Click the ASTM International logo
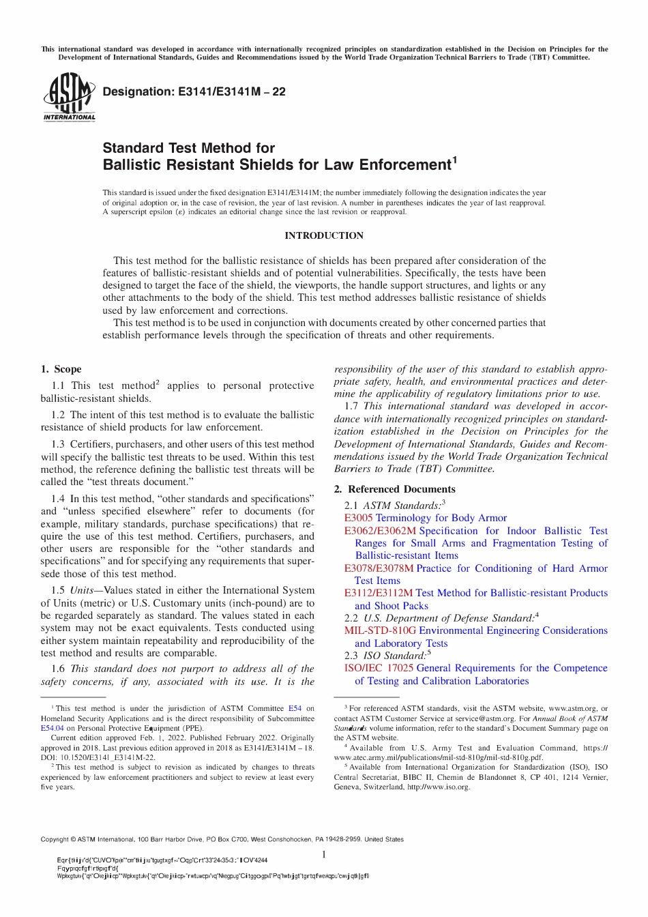click(69, 98)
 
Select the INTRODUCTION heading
click(324, 235)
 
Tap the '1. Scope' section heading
click(61, 369)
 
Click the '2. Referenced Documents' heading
click(394, 489)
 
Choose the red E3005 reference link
click(358, 518)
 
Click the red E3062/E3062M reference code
click(380, 531)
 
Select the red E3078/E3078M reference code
click(379, 568)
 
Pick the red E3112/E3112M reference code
click(379, 593)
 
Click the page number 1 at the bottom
click(324, 854)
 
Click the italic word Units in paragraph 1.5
click(82, 590)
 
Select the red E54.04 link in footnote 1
click(52, 728)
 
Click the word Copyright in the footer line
click(55, 839)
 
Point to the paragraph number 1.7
click(351, 406)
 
